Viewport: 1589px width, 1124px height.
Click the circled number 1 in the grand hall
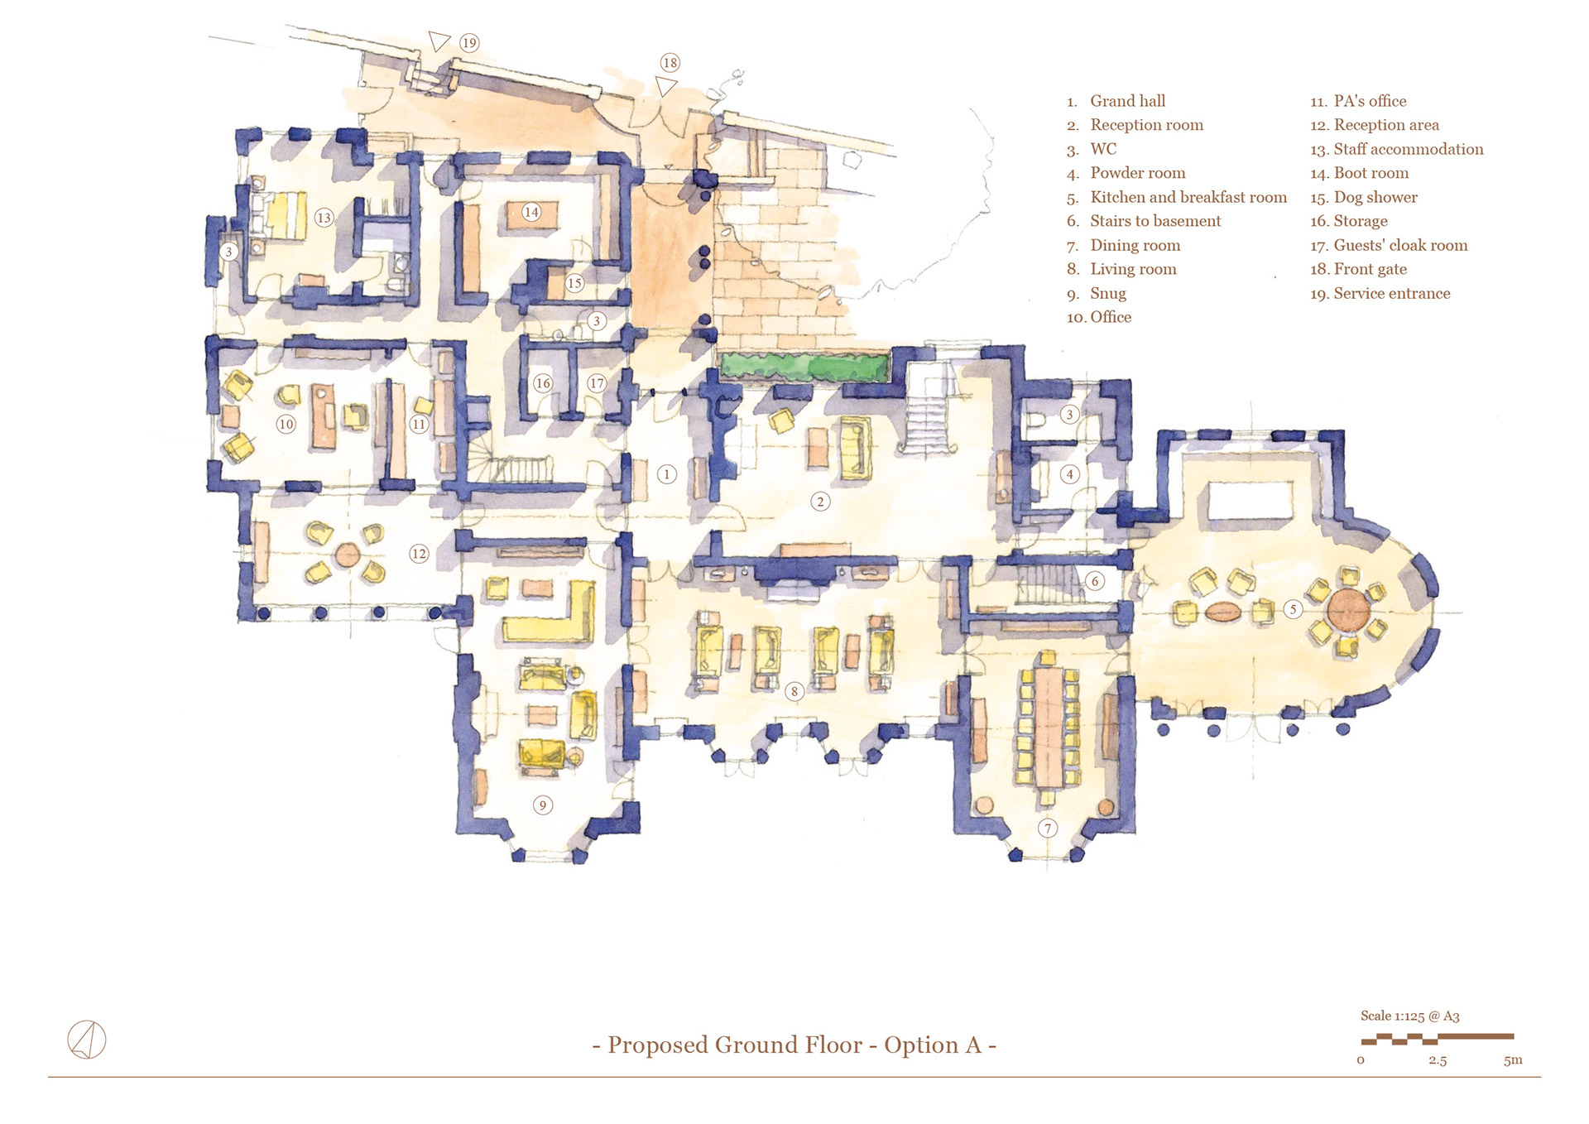666,474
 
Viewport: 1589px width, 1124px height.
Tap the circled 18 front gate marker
670,63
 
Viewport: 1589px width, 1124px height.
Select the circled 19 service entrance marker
469,43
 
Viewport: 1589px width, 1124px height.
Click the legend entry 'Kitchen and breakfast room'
1188,197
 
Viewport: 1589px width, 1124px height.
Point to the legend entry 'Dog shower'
1375,197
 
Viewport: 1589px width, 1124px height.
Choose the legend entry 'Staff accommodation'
1408,149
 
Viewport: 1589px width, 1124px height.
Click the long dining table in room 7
1049,726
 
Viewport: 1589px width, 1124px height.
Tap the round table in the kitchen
1349,610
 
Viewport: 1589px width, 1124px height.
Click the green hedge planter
803,366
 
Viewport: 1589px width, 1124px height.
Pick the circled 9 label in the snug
543,805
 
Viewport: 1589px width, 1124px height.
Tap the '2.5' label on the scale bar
1438,1060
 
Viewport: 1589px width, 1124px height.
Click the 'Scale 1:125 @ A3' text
1409,1016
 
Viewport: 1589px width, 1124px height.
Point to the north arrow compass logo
86,1040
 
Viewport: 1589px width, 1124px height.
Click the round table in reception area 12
348,554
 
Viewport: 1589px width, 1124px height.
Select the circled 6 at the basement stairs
1094,581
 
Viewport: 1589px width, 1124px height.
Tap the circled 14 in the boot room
531,212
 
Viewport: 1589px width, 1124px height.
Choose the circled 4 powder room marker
1069,474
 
